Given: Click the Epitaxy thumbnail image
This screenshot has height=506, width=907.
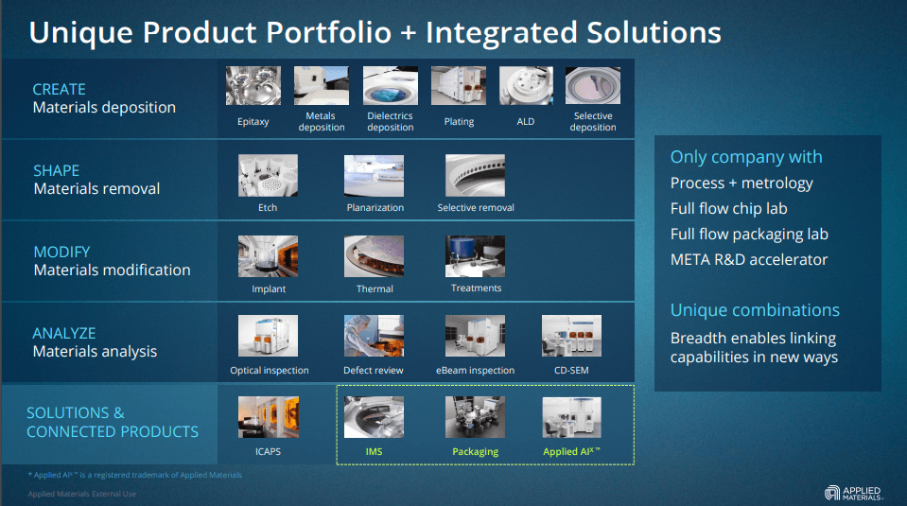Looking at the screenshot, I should click(x=253, y=86).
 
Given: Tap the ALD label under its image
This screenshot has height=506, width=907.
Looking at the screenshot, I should click(x=526, y=122).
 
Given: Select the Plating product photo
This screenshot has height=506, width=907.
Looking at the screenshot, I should click(x=459, y=86).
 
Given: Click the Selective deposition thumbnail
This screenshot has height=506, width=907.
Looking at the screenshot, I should click(x=593, y=86).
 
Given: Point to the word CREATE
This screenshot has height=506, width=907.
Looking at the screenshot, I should click(x=59, y=89).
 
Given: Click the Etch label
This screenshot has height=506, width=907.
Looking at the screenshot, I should click(x=268, y=208).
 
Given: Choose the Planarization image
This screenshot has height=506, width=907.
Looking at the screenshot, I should click(x=375, y=175).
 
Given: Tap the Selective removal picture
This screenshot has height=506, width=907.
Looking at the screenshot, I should click(x=476, y=175).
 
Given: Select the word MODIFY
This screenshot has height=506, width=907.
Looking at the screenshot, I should click(x=61, y=252).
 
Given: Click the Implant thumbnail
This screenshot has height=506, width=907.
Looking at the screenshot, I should click(x=269, y=256).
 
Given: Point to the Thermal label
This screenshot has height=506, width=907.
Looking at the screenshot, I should click(x=375, y=289).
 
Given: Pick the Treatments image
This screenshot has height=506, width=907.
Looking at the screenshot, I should click(x=476, y=256).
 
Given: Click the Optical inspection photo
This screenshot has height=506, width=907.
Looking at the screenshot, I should click(x=269, y=337).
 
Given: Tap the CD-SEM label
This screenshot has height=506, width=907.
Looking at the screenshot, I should click(x=571, y=371).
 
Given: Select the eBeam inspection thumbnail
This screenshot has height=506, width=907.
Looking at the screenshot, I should click(x=476, y=337).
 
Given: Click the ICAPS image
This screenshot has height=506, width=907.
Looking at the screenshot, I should click(x=269, y=417).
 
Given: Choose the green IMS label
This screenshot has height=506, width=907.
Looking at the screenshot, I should click(x=375, y=452).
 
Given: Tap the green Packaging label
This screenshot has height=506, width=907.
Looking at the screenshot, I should click(x=476, y=452).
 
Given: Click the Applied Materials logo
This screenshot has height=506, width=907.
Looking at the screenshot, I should click(x=854, y=492).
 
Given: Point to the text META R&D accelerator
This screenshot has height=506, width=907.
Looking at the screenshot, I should click(x=749, y=259).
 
